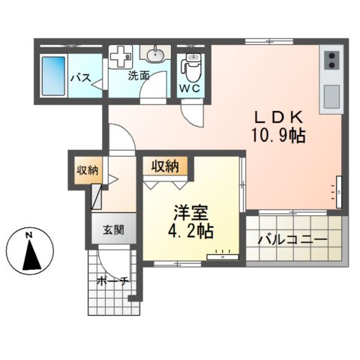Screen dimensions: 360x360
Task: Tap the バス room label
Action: pos(81,77)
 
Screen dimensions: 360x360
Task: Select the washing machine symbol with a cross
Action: pos(121,57)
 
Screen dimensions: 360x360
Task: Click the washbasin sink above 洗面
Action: pos(155,55)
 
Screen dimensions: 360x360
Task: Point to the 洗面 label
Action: pos(139,76)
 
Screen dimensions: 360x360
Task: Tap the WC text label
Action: pos(189,87)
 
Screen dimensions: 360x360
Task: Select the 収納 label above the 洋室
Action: pos(166,166)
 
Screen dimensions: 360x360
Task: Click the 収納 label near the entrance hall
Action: pos(88,170)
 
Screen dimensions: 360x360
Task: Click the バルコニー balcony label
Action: pos(292,240)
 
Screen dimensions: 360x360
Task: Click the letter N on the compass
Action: pos(29,237)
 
